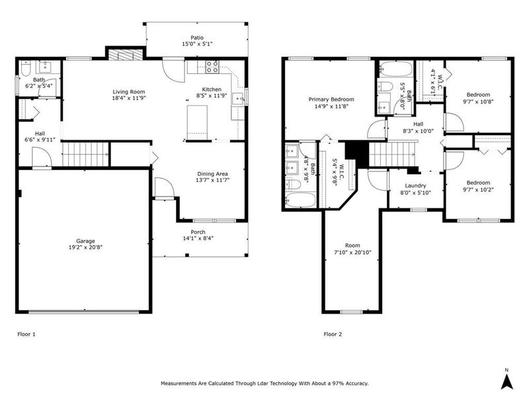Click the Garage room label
(85, 241)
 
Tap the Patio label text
(197, 38)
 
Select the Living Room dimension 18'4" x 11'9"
(128, 97)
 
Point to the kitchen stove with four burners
(213, 66)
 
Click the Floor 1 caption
(26, 334)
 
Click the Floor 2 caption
(333, 334)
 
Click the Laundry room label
(415, 186)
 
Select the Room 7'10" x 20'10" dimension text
(351, 251)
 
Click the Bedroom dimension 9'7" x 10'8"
(479, 102)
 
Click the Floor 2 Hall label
(418, 123)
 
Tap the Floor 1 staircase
(85, 154)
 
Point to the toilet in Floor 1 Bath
(24, 68)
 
